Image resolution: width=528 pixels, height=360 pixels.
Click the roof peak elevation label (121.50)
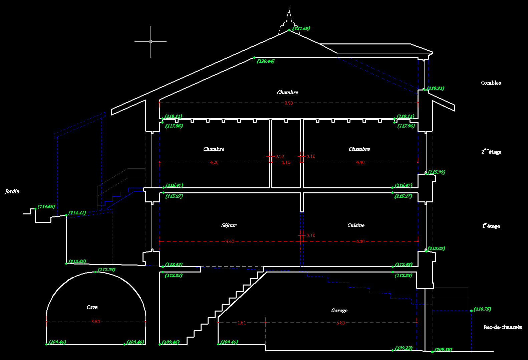[x=301, y=28]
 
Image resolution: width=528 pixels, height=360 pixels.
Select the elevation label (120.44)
[x=266, y=61]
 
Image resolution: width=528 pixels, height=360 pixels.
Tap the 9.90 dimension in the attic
[x=288, y=103]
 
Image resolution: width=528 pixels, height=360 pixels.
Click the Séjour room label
[x=229, y=225]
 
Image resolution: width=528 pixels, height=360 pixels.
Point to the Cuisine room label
[x=356, y=225]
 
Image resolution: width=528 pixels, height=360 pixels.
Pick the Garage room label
[x=339, y=311]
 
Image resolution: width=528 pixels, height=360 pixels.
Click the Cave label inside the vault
[x=92, y=307]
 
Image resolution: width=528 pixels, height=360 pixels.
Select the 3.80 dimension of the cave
[x=95, y=322]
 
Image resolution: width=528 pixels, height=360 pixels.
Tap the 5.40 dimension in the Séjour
[x=230, y=241]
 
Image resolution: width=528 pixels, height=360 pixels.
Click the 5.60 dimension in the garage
[x=340, y=323]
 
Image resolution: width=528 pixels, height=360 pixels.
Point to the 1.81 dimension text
[x=241, y=323]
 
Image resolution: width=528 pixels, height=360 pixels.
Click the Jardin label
[x=12, y=191]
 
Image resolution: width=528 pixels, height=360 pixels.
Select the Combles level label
[x=491, y=83]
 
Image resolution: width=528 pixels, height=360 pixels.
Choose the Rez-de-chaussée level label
[x=503, y=327]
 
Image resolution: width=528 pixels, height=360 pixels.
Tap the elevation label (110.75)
[x=482, y=309]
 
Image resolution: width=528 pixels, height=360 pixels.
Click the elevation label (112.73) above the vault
[x=106, y=270]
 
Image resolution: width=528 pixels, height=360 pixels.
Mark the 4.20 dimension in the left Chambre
[x=214, y=162]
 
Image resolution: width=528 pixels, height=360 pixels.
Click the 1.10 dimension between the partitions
[x=286, y=162]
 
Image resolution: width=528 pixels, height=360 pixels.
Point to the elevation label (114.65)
[x=46, y=207]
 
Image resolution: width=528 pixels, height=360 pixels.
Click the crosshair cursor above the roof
[x=151, y=41]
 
